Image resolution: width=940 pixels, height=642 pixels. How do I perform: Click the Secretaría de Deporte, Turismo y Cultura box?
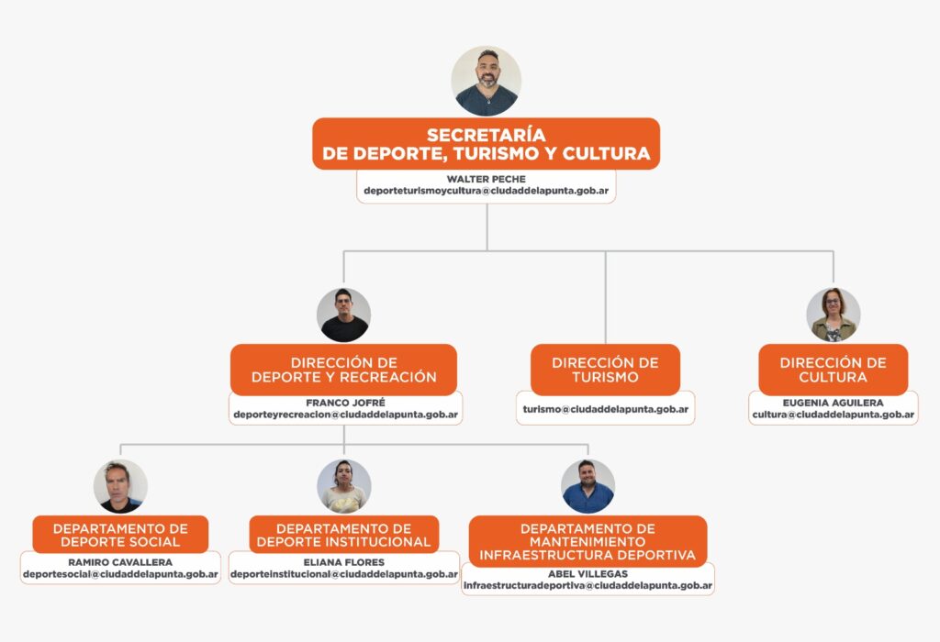tap(486, 144)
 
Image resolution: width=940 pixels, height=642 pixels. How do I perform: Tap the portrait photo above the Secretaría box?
tap(486, 81)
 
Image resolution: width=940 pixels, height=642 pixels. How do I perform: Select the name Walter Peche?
tap(486, 178)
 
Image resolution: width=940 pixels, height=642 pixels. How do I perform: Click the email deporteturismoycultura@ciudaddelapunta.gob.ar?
tap(486, 192)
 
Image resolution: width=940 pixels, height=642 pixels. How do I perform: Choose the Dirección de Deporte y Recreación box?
tap(343, 370)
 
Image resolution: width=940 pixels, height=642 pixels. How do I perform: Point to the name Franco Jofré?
tap(343, 402)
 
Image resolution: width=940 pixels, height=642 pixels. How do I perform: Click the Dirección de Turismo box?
tap(605, 370)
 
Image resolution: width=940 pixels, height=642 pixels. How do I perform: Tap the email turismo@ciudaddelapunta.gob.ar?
tap(605, 409)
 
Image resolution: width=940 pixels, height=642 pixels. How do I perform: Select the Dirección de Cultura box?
tap(833, 370)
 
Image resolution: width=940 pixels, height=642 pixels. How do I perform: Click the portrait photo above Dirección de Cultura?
tap(833, 315)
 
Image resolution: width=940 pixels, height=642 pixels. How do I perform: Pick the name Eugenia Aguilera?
tap(833, 402)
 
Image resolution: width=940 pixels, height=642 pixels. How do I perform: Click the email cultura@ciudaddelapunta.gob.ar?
tap(833, 415)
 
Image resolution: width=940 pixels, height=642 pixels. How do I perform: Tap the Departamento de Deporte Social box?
tap(120, 535)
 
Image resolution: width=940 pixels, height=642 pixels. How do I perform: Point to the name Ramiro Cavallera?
tap(120, 562)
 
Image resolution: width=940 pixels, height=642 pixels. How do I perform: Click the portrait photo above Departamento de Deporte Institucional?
tap(344, 486)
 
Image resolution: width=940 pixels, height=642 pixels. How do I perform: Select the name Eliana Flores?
tap(344, 562)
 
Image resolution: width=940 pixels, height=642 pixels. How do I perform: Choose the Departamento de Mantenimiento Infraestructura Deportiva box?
tap(587, 541)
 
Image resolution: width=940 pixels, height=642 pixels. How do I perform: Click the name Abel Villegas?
tap(587, 573)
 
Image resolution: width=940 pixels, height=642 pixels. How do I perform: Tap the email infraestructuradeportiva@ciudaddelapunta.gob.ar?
tap(587, 585)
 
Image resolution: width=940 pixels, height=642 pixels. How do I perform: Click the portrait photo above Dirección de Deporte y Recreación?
tap(343, 315)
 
